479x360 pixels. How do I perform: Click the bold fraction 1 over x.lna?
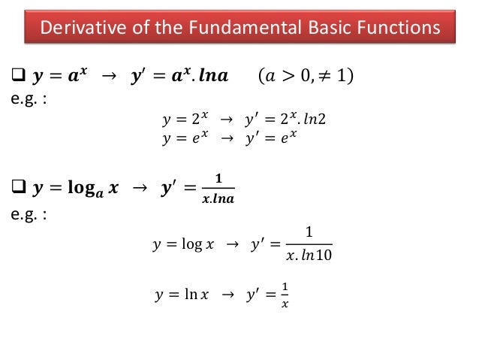[218, 188]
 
